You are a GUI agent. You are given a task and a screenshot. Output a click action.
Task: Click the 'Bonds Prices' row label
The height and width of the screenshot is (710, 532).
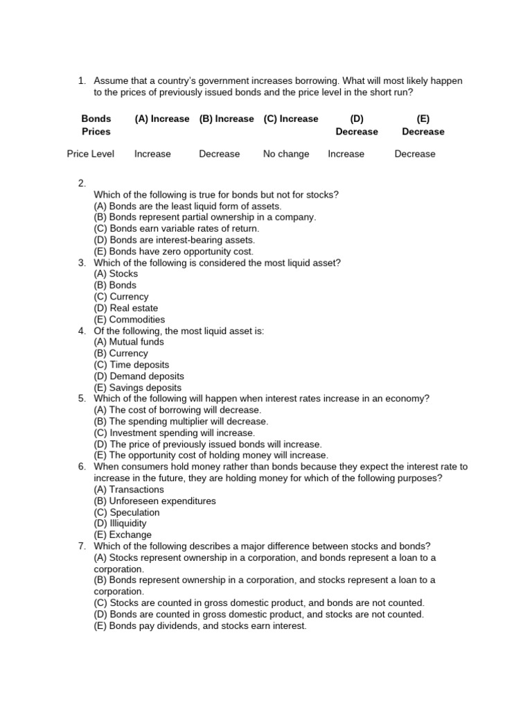tap(96, 125)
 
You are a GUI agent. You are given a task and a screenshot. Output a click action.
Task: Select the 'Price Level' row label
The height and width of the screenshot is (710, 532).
tap(91, 154)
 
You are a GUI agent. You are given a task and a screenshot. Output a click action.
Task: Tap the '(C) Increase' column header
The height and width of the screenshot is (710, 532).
tap(291, 119)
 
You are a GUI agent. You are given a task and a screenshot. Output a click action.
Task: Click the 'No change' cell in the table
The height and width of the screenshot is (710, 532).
tap(286, 154)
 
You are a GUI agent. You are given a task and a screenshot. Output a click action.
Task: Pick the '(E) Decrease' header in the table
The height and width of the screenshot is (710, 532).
tap(423, 125)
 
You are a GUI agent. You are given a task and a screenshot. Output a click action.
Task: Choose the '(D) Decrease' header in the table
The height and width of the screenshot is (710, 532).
tap(357, 125)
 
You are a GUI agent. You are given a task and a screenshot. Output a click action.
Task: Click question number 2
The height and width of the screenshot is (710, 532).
tap(82, 183)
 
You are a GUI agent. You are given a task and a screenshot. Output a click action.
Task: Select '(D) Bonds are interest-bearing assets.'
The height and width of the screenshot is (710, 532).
tap(174, 240)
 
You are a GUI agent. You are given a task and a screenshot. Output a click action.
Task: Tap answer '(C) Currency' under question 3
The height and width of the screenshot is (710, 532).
tap(121, 297)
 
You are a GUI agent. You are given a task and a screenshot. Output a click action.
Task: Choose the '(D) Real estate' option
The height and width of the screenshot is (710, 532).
tap(126, 308)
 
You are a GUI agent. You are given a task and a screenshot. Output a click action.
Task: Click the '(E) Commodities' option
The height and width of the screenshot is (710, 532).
tap(130, 320)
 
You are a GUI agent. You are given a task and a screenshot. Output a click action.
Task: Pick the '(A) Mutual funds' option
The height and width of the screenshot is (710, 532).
tap(129, 342)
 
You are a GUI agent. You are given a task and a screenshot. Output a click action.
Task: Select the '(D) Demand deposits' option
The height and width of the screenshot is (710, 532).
tap(139, 376)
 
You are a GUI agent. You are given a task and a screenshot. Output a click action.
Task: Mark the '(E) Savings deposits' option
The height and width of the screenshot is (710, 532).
tap(138, 388)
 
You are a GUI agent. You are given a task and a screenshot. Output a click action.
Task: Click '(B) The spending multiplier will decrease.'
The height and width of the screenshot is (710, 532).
tap(181, 421)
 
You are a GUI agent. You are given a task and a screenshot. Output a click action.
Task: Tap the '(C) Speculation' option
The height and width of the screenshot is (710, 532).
tap(127, 512)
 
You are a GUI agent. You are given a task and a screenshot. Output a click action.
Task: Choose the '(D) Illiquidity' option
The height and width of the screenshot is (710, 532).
tap(121, 523)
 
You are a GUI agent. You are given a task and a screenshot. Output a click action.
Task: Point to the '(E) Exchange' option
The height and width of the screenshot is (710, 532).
tap(123, 535)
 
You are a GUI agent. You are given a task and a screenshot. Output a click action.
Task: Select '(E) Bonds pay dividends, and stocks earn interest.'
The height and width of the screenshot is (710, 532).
tap(200, 625)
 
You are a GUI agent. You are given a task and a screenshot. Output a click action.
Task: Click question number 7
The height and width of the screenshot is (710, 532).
tap(82, 546)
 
